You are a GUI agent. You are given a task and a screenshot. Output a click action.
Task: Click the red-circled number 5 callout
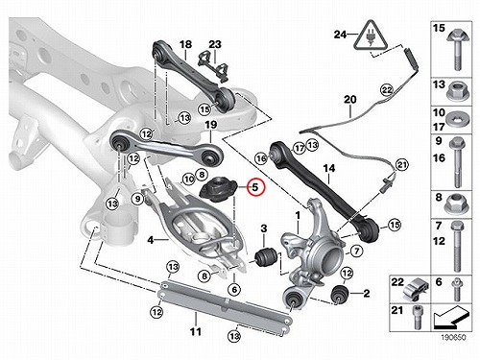(x=255, y=187)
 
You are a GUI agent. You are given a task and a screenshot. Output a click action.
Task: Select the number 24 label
(x=341, y=35)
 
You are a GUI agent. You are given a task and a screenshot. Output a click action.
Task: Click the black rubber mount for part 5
(x=218, y=190)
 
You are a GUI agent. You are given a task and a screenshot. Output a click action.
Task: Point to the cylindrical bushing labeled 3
(x=265, y=257)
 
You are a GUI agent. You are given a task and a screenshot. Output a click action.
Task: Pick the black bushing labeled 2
(x=340, y=294)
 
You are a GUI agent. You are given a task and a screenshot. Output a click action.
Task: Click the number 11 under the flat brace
(x=196, y=331)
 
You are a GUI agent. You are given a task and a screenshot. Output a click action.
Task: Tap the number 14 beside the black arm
(x=329, y=169)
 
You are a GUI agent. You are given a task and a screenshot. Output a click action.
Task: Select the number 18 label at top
(x=185, y=44)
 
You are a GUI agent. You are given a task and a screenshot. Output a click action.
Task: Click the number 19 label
(x=211, y=124)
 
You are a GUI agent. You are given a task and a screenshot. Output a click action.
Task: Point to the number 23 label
(x=215, y=44)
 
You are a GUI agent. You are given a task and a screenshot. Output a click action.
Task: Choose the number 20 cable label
(x=350, y=99)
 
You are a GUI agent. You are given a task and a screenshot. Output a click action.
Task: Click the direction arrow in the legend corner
(x=450, y=317)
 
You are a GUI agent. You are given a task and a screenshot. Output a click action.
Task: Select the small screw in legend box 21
(x=418, y=318)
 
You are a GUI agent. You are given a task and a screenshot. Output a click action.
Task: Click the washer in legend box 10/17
(x=459, y=119)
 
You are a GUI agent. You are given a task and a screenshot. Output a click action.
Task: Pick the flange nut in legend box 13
(x=458, y=91)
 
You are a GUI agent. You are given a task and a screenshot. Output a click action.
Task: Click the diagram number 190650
(x=453, y=337)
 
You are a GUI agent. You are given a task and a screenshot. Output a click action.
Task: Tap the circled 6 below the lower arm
(x=234, y=289)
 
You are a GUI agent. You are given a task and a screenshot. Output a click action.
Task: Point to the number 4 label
(x=151, y=239)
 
